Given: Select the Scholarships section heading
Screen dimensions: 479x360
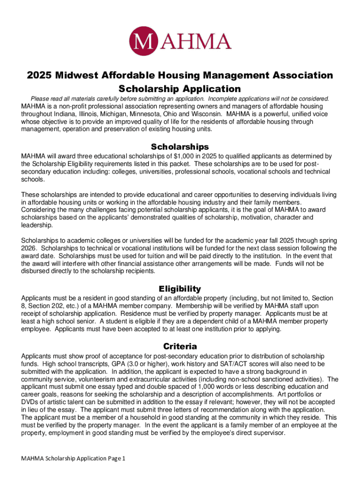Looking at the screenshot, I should pyautogui.click(x=180, y=146).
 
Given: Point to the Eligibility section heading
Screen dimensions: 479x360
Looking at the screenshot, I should pyautogui.click(x=180, y=289).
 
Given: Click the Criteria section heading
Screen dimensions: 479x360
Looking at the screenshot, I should pyautogui.click(x=180, y=347).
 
